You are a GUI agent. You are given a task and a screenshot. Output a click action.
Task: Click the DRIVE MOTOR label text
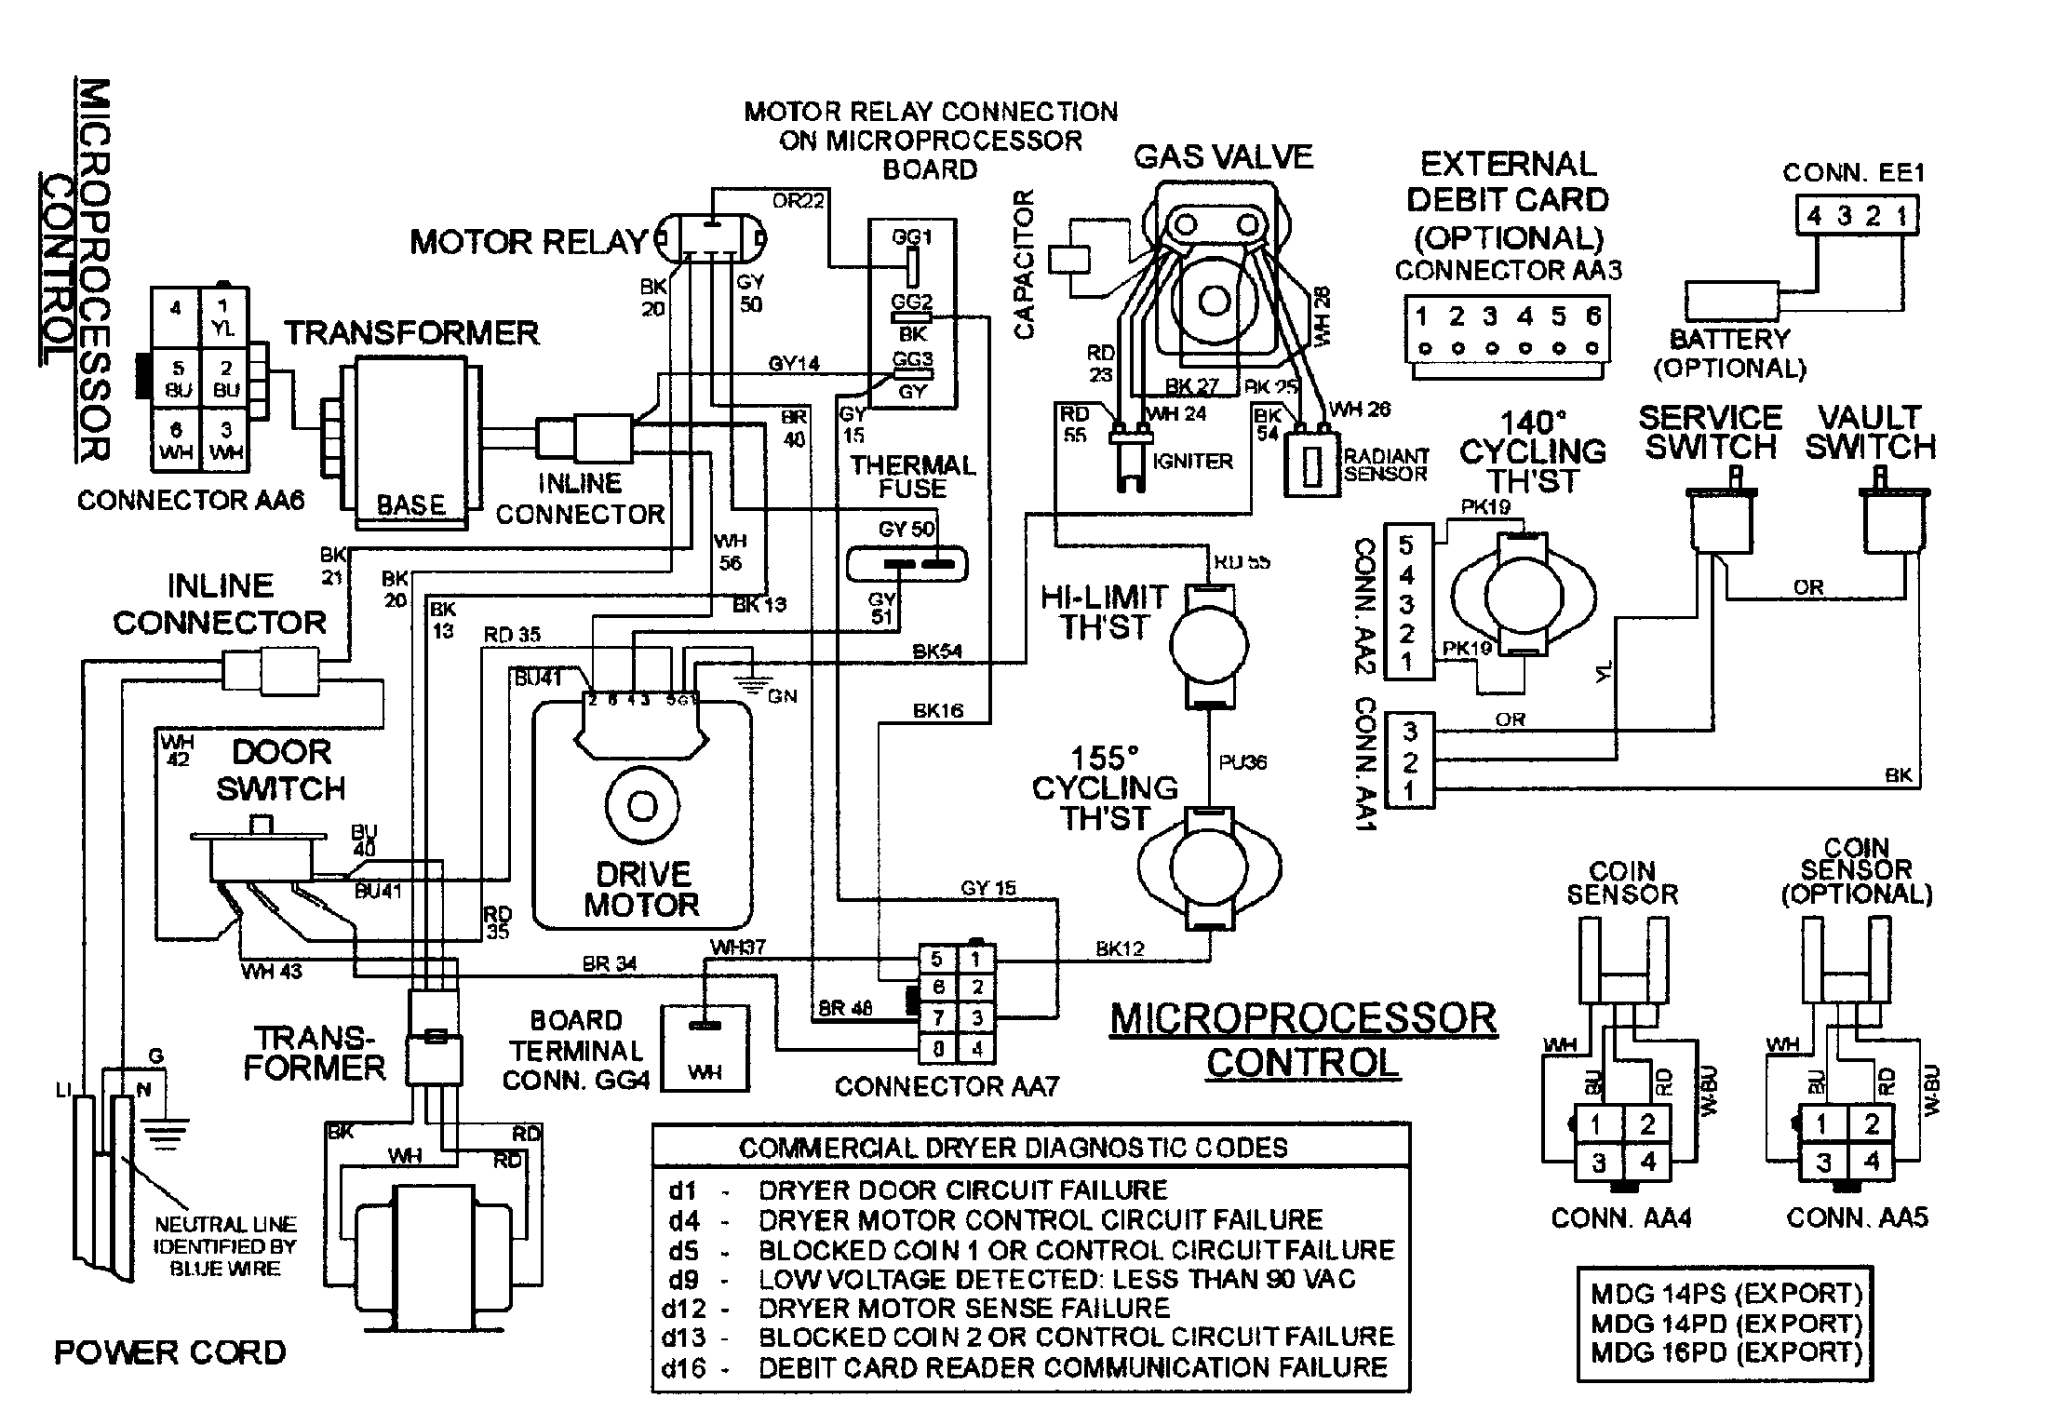(x=641, y=889)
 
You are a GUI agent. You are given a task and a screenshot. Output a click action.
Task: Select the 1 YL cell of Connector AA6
(x=223, y=316)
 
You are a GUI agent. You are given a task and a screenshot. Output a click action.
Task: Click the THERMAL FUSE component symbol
(x=907, y=564)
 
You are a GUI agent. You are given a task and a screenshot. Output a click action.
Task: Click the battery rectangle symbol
(x=1730, y=302)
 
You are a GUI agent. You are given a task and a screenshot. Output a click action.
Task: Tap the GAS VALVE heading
(x=1223, y=157)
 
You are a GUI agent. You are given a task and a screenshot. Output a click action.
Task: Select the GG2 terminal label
(x=911, y=302)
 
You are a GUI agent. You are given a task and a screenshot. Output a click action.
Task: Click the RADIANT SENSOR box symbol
(x=1311, y=463)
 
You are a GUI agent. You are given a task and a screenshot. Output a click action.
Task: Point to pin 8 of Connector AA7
(x=938, y=1049)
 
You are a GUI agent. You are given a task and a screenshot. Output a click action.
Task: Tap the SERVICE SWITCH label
(x=1711, y=432)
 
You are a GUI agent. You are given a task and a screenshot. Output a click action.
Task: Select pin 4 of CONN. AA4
(x=1648, y=1162)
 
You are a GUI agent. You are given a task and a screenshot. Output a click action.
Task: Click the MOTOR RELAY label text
(x=528, y=242)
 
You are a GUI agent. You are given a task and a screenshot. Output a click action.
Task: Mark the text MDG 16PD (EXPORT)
(x=1726, y=1351)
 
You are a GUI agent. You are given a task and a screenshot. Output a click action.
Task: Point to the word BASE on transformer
(x=410, y=504)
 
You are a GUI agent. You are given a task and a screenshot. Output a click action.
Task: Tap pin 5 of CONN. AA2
(x=1406, y=544)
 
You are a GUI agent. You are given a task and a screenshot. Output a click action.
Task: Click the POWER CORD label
(x=170, y=1351)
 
